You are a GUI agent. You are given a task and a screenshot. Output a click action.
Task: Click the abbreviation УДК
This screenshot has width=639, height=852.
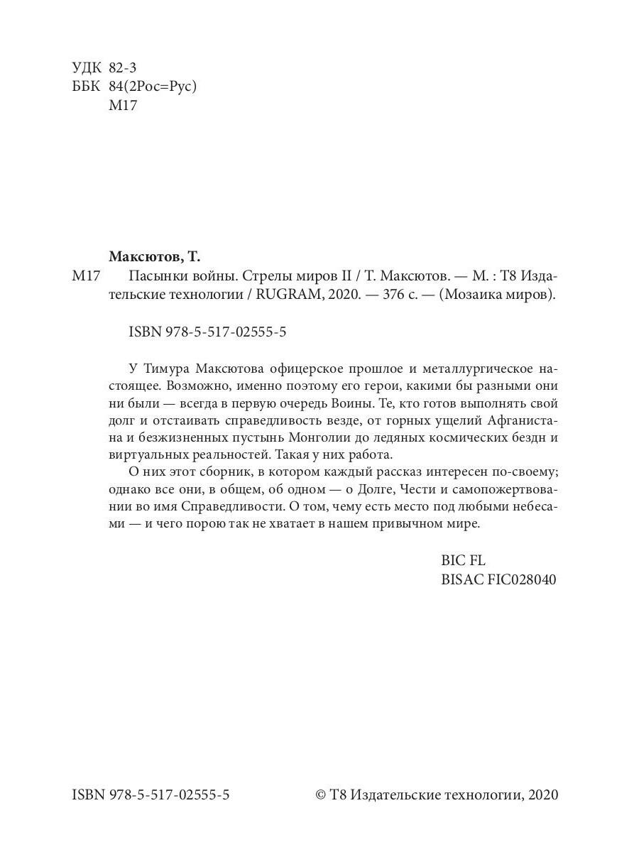pyautogui.click(x=87, y=68)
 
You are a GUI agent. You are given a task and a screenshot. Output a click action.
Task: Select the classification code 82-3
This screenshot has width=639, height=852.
pyautogui.click(x=123, y=68)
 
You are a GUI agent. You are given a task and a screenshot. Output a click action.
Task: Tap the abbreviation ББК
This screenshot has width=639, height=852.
pyautogui.click(x=87, y=87)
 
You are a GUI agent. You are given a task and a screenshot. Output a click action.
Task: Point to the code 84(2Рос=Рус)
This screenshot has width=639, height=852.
pyautogui.click(x=152, y=87)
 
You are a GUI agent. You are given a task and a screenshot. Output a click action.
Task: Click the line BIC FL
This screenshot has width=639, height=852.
pyautogui.click(x=463, y=561)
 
